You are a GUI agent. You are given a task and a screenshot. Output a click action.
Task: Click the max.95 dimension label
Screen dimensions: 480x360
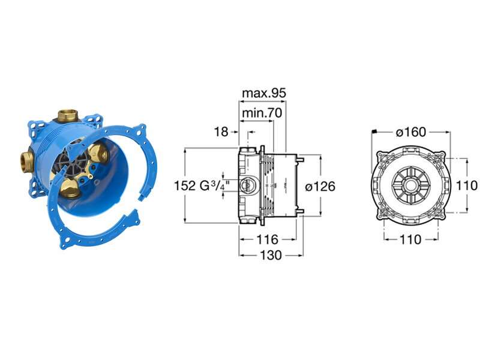[264, 93]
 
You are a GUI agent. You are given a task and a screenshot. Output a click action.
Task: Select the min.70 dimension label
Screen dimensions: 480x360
[262, 113]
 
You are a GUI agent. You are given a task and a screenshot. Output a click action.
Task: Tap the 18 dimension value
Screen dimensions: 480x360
[221, 131]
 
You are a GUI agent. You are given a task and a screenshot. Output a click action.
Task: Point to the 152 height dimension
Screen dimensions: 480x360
[185, 185]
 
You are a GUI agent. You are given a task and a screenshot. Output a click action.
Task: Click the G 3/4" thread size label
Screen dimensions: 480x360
[215, 185]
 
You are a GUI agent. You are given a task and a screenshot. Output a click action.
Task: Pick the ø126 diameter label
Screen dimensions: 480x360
[320, 186]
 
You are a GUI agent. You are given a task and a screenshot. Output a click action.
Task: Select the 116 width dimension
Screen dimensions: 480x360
[267, 239]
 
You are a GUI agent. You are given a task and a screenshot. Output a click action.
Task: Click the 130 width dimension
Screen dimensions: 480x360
[271, 255]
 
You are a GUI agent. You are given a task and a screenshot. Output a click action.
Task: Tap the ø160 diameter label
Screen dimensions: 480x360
[411, 132]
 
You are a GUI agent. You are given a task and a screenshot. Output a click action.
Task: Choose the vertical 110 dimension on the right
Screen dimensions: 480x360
[467, 185]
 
